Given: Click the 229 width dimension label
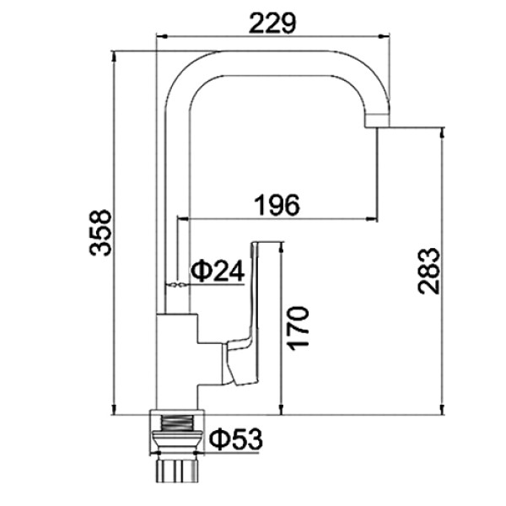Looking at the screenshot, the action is pyautogui.click(x=272, y=23).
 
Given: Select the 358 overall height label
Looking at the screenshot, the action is pyautogui.click(x=100, y=233).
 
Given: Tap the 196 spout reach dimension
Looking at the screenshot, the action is pyautogui.click(x=277, y=205).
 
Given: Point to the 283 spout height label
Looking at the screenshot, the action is pyautogui.click(x=428, y=271).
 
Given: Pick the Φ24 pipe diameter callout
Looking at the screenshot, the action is pyautogui.click(x=218, y=271).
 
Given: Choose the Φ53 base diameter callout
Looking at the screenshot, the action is pyautogui.click(x=236, y=439).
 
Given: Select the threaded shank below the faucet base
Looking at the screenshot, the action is pyautogui.click(x=177, y=423).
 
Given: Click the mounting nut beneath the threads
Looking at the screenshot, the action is pyautogui.click(x=177, y=442).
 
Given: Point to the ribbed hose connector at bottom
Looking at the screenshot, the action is pyautogui.click(x=177, y=471).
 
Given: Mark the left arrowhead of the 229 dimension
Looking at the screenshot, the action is pyautogui.click(x=161, y=36).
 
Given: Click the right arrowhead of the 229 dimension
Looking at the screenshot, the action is pyautogui.click(x=384, y=36).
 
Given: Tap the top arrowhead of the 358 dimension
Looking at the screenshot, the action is pyautogui.click(x=113, y=57).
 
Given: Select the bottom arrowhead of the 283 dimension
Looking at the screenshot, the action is pyautogui.click(x=443, y=409).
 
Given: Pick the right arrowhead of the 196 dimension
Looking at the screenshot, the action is pyautogui.click(x=372, y=219).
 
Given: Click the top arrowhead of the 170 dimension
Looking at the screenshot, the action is pyautogui.click(x=282, y=247).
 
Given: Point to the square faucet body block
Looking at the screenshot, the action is pyautogui.click(x=177, y=362).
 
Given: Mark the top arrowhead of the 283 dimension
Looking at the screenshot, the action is pyautogui.click(x=443, y=133).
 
